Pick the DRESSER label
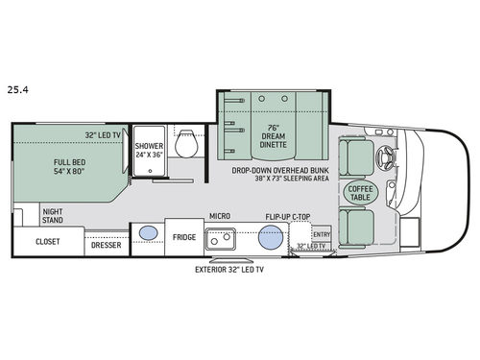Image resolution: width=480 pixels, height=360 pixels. [106, 244]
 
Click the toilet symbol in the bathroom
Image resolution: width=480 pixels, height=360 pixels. [188, 144]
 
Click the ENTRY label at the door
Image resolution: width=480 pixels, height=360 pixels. [321, 233]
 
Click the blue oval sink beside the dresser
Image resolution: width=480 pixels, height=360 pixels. [149, 233]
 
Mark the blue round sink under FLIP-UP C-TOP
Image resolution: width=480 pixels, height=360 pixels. [272, 238]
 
